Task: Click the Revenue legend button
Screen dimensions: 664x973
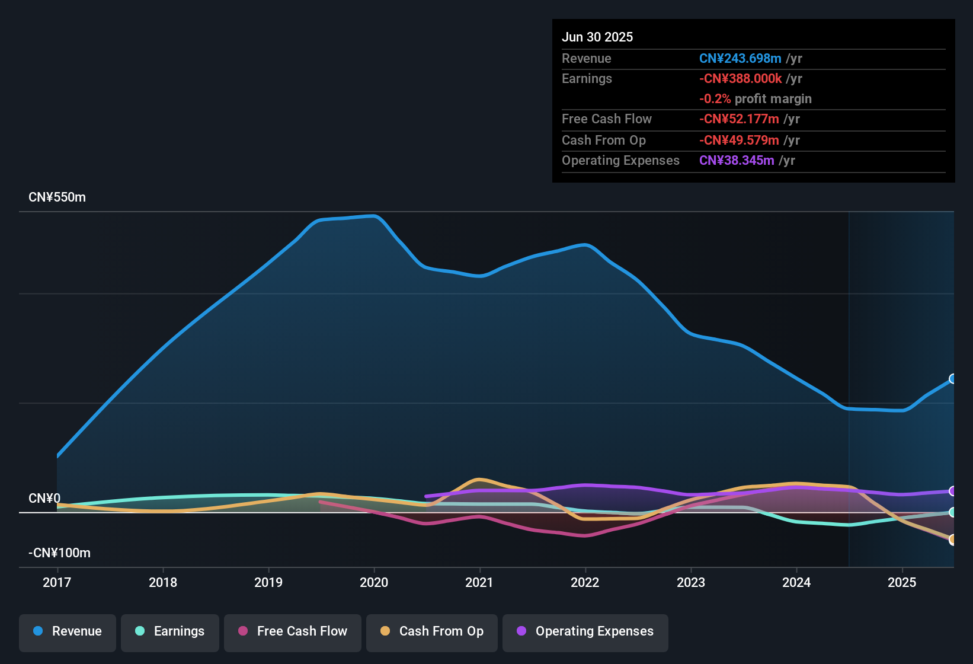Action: tap(68, 631)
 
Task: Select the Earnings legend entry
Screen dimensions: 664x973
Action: tap(170, 631)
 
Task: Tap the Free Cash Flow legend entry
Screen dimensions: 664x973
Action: tap(293, 631)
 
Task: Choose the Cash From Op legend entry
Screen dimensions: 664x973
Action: tap(432, 631)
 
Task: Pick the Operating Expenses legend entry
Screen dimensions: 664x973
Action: tap(585, 631)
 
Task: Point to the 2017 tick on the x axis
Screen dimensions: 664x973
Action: tap(57, 582)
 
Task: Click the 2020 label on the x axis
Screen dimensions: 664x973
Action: tap(374, 582)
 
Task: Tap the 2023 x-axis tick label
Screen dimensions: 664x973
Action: tap(691, 582)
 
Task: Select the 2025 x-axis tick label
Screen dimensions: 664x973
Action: tap(902, 582)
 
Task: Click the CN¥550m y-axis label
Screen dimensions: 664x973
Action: tap(57, 197)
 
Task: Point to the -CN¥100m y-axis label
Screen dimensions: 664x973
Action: tap(59, 553)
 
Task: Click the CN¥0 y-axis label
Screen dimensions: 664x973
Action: tap(44, 499)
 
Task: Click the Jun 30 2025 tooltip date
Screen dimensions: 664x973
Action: tap(597, 37)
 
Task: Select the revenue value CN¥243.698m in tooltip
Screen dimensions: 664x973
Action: tap(740, 59)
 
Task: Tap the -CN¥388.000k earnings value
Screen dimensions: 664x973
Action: tap(740, 79)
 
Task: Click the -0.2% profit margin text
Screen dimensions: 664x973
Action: tap(755, 99)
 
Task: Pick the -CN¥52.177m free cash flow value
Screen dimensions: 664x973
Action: tap(739, 119)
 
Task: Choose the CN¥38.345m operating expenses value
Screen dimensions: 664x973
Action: tap(737, 161)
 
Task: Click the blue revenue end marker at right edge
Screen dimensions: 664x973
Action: tap(952, 379)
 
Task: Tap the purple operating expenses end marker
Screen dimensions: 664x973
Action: tap(952, 491)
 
